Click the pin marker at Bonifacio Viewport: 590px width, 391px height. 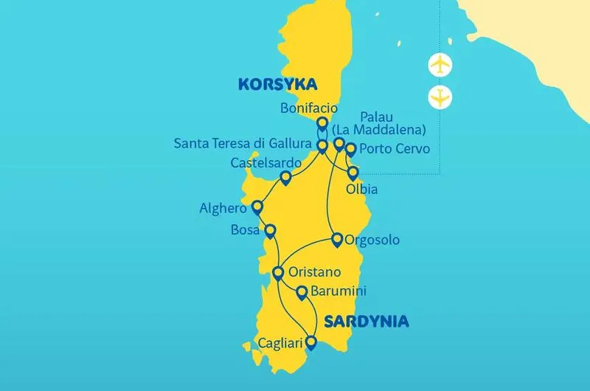[322, 124]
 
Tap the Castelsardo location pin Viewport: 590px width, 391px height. [286, 178]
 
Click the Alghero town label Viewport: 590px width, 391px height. [223, 209]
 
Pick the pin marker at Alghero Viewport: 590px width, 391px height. [257, 207]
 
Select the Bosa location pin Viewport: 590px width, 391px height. [271, 231]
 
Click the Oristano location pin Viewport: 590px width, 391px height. [278, 273]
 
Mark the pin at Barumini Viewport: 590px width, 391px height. [301, 293]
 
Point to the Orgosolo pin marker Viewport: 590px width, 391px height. [336, 239]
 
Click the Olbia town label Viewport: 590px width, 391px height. [361, 190]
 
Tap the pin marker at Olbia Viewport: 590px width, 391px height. [353, 173]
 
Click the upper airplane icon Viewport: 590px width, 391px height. [440, 66]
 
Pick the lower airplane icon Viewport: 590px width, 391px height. [440, 97]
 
